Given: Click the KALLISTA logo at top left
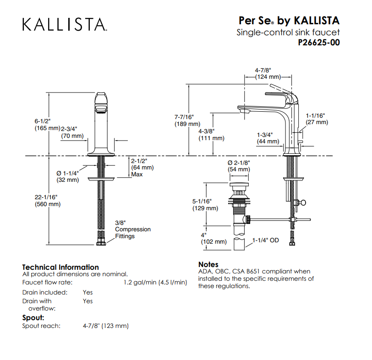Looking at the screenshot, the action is (x=65, y=24).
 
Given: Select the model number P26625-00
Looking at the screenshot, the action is (x=319, y=43).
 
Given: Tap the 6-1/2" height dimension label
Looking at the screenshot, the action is (x=48, y=125).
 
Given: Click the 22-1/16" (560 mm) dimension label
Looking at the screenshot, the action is (x=48, y=201).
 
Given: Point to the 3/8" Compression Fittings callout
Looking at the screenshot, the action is (x=133, y=229).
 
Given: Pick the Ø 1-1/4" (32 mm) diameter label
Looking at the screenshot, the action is (x=68, y=176).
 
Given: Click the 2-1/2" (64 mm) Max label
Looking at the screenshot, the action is (x=142, y=168).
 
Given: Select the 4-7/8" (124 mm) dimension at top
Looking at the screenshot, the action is (x=268, y=74).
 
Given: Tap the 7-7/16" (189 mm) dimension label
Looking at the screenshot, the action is (x=187, y=120).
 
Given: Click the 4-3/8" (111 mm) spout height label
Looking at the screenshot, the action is (x=211, y=135).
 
